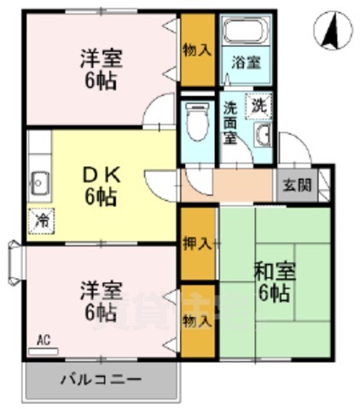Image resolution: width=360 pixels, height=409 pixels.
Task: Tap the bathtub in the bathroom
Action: [x=245, y=33]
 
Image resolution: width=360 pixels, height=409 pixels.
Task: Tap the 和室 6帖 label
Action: [x=273, y=283]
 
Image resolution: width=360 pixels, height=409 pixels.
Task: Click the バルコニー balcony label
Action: [x=100, y=378]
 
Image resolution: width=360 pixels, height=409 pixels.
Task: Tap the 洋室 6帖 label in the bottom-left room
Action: [x=100, y=301]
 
